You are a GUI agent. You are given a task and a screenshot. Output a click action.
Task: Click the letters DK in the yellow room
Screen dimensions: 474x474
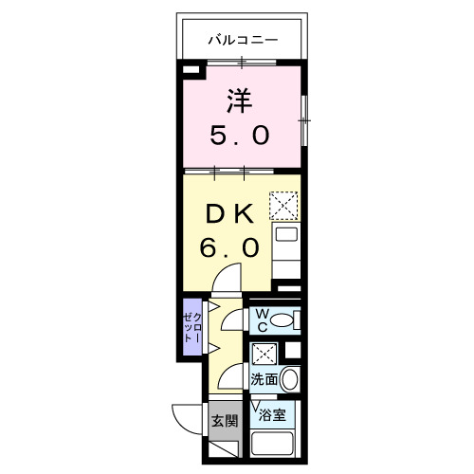[228, 214]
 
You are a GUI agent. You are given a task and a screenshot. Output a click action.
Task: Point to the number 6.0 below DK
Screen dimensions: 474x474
[228, 247]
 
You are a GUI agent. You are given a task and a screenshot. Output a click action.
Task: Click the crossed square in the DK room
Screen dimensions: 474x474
[284, 205]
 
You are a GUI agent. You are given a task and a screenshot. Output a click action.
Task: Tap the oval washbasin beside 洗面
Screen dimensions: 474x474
[290, 380]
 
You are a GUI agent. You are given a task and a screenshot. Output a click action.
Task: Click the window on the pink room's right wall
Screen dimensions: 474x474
[304, 120]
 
